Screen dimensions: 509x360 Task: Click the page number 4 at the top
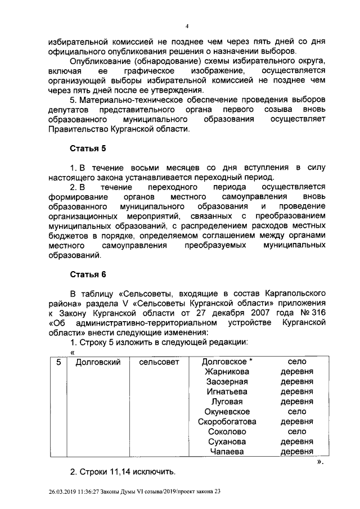pos(187,26)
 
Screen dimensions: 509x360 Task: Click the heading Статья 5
pos(87,149)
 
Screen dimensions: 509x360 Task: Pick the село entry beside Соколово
pos(296,431)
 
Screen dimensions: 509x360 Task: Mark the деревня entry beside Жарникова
pos(296,372)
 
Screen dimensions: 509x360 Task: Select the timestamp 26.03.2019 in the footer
pos(65,491)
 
